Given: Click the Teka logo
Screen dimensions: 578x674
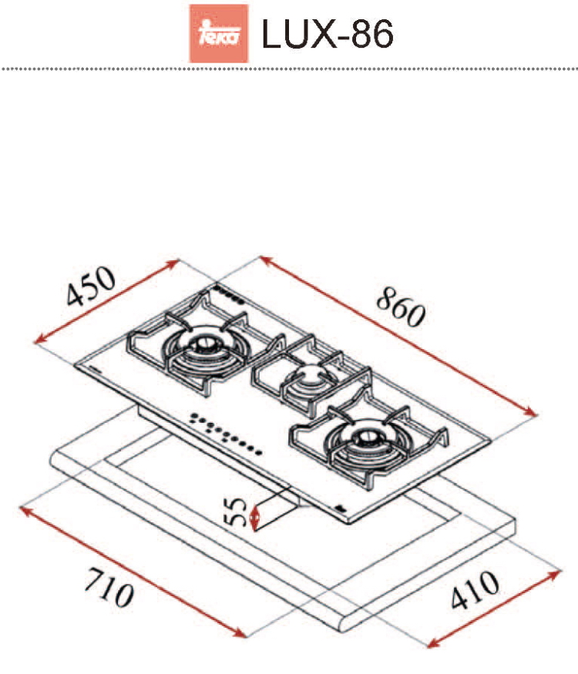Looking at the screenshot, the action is (219, 33).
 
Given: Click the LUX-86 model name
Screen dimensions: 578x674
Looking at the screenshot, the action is (328, 34).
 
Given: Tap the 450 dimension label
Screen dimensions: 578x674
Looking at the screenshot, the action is (91, 286).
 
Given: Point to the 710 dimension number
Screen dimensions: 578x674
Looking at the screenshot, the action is (109, 587).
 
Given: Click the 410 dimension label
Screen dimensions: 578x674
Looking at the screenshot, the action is (475, 590).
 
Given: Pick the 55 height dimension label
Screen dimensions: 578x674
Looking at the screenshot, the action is (236, 511).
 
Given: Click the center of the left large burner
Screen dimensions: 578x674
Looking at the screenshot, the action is (203, 344).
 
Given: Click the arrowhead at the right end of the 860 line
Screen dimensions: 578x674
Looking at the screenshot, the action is (532, 413).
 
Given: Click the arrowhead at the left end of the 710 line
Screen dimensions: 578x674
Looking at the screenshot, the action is (25, 510).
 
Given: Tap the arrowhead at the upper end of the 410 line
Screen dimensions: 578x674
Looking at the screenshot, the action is (555, 573).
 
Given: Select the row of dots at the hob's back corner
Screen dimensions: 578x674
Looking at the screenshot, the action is (229, 294).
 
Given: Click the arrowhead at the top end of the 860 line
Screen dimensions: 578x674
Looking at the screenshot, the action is (266, 260).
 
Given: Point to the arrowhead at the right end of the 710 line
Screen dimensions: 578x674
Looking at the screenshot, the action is (240, 633).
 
